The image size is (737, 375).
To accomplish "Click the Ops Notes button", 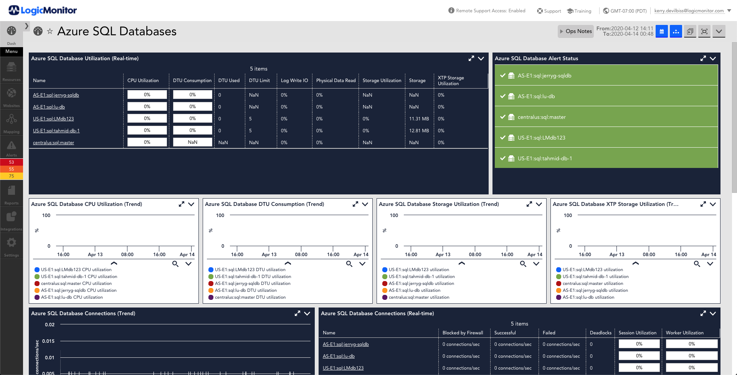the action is click(575, 31).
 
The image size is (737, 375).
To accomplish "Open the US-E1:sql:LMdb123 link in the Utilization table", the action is click(53, 119).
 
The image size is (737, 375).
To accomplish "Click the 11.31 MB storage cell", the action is click(419, 119).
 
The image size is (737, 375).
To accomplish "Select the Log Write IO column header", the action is click(294, 81).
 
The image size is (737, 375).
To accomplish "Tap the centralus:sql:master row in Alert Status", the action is click(606, 117).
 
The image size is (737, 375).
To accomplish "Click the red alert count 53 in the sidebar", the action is click(12, 162).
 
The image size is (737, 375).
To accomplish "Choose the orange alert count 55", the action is click(12, 169).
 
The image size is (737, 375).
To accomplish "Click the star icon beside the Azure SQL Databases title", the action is click(50, 31).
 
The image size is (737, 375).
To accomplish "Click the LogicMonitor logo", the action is click(43, 10).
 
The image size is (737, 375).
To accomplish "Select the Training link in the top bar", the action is click(579, 11).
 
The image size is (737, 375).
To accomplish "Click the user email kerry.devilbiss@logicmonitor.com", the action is click(689, 11).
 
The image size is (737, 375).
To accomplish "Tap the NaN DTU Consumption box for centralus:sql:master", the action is click(193, 142).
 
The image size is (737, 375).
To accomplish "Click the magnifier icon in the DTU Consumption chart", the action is click(349, 264).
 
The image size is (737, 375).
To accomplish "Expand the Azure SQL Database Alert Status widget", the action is click(703, 58).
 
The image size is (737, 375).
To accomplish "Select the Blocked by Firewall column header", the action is click(463, 333).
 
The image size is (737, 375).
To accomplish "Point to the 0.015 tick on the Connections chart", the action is click(48, 341).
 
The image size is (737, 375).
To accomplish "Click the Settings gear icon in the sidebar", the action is click(12, 242).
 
